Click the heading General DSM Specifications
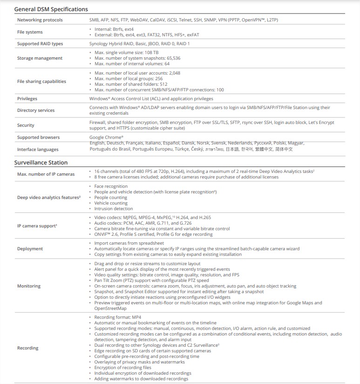coord(51,9)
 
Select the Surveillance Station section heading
coord(41,163)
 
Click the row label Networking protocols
coord(40,20)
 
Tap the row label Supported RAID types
coord(40,44)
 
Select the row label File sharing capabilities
coord(41,82)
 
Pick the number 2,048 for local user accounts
coord(174,73)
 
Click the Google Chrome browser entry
coord(106,137)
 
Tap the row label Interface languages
coord(38,150)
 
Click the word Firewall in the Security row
coord(98,123)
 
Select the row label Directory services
coord(36,110)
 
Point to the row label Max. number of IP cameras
coord(46,174)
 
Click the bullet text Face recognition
coord(110,186)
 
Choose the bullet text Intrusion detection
coord(113,209)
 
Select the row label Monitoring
coord(29,286)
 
